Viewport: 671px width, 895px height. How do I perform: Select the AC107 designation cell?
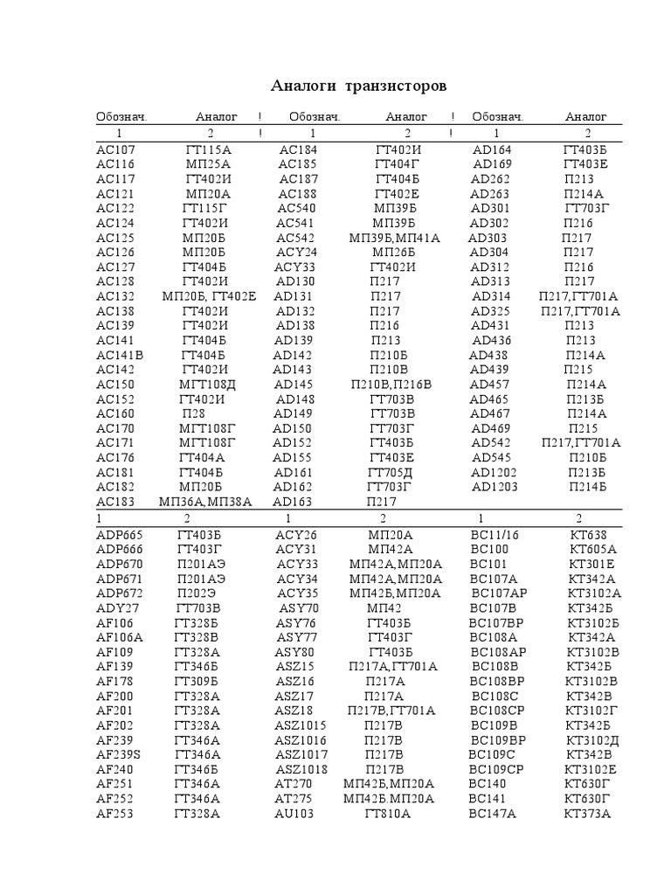pos(115,150)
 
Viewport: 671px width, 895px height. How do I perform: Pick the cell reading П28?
pos(194,413)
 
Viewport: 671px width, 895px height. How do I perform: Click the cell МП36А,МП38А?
pos(205,502)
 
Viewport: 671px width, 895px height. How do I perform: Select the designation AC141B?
pos(120,355)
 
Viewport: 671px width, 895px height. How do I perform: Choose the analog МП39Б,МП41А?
pos(394,238)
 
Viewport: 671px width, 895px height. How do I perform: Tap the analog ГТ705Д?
pos(390,472)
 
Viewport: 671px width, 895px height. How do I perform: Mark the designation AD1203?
pos(495,487)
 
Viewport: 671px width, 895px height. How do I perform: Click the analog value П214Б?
pos(587,487)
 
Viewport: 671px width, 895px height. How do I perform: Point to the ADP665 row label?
pos(120,535)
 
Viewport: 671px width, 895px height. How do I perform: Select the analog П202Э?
pos(201,593)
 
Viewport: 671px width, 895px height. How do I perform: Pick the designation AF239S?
pos(119,754)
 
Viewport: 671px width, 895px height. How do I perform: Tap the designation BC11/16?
pos(495,535)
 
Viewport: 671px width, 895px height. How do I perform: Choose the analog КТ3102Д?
pos(592,739)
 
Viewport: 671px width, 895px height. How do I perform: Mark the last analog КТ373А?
pos(588,813)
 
